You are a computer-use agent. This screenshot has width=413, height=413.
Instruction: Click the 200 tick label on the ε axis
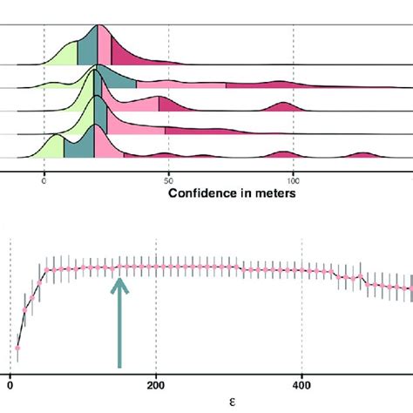[x=156, y=384]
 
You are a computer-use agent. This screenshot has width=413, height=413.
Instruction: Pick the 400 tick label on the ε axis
[x=301, y=384]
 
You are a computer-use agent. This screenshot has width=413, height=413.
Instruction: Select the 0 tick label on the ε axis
[x=10, y=384]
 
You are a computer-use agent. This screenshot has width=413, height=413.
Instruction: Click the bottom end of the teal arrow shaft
[x=120, y=366]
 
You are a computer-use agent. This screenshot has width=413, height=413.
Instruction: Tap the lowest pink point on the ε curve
[x=17, y=349]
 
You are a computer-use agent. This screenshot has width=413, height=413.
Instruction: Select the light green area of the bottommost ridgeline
[x=55, y=147]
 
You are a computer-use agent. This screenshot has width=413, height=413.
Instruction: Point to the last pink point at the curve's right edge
[x=410, y=288]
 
